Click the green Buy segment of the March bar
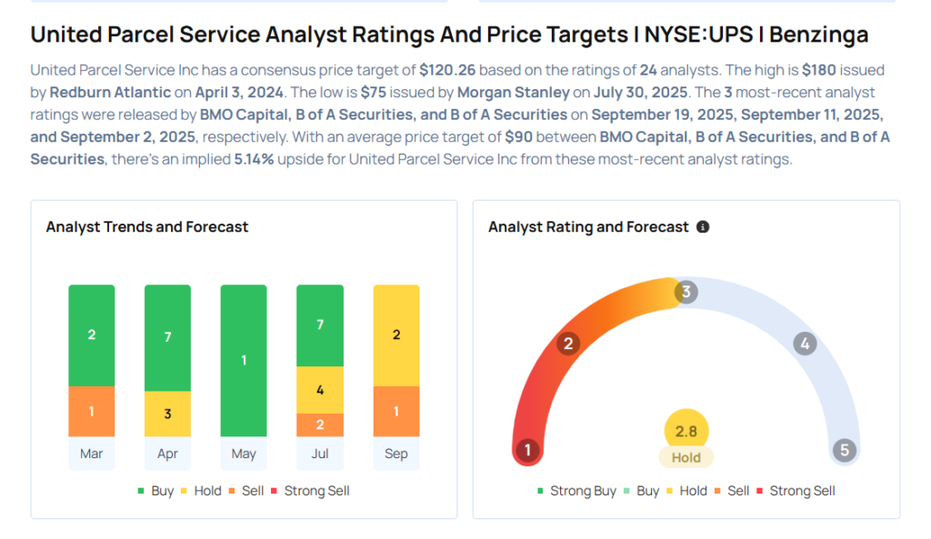coord(91,334)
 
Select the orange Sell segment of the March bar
coord(91,412)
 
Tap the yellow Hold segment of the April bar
coord(167,414)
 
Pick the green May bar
coord(244,360)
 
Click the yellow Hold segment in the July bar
coord(320,390)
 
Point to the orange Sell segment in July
coord(320,424)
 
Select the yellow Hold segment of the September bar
coord(396,334)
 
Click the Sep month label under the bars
coord(396,454)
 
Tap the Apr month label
coord(167,454)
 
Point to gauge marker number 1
coord(526,450)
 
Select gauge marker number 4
coord(804,344)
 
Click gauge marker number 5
coord(845,450)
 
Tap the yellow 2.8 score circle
coord(686,432)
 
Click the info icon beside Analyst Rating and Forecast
coord(703,227)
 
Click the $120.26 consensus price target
coord(448,70)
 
